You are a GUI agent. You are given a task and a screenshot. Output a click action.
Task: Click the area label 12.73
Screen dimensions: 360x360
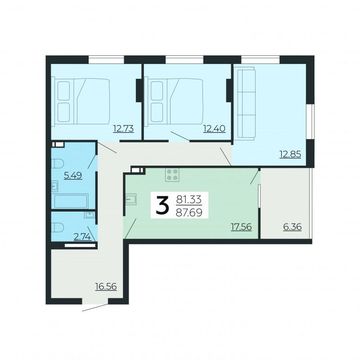pyautogui.click(x=123, y=129)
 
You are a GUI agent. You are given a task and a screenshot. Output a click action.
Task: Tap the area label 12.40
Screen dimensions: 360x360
pyautogui.click(x=214, y=129)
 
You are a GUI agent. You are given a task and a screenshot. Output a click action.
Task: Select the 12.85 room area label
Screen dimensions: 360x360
pyautogui.click(x=290, y=154)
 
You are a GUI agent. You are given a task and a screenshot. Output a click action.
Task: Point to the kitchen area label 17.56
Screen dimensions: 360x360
pyautogui.click(x=241, y=227)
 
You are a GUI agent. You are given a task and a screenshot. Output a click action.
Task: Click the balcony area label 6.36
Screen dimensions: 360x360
pyautogui.click(x=292, y=227)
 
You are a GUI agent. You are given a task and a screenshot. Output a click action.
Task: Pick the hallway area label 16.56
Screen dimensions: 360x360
pyautogui.click(x=106, y=286)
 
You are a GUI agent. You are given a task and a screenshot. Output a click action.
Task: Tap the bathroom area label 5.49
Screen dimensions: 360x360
pyautogui.click(x=73, y=175)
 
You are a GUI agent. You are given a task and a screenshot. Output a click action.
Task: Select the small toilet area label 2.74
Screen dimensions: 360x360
pyautogui.click(x=82, y=237)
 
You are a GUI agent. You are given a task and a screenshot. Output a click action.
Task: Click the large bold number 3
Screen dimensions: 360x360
pyautogui.click(x=162, y=205)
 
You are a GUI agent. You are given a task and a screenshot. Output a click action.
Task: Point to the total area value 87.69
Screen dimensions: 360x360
pyautogui.click(x=189, y=212)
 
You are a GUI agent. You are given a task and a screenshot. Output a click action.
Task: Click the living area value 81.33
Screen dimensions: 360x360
pyautogui.click(x=189, y=199)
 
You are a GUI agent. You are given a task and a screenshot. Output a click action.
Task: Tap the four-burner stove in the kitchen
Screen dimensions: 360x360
pyautogui.click(x=172, y=175)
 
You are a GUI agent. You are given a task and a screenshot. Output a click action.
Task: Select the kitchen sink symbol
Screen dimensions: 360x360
pyautogui.click(x=131, y=199)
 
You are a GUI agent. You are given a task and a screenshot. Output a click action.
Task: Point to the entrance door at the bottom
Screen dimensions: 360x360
pyautogui.click(x=95, y=308)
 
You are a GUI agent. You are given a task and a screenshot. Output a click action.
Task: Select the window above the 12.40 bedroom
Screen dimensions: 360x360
pyautogui.click(x=184, y=59)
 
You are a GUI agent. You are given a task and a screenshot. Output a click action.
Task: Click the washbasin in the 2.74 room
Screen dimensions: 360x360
pyautogui.click(x=89, y=215)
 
